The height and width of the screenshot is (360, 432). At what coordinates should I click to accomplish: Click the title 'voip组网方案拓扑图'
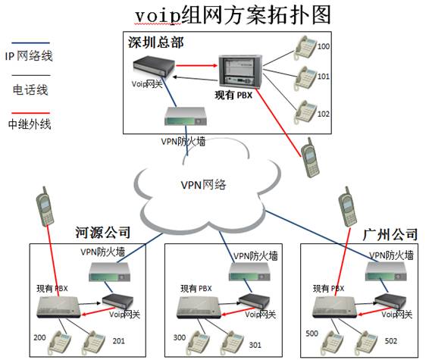[x=233, y=15]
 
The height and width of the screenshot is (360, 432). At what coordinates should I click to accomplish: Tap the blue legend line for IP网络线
[x=30, y=43]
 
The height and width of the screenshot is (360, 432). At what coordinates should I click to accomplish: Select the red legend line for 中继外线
[x=30, y=113]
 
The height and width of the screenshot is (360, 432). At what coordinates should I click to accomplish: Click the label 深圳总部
[x=155, y=42]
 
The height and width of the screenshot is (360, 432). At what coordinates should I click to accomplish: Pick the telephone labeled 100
[x=305, y=48]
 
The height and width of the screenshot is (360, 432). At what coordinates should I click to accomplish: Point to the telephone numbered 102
[x=305, y=112]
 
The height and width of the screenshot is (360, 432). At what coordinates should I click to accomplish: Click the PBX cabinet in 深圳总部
[x=240, y=70]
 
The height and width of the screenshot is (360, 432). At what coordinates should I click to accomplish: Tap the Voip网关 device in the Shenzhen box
[x=154, y=67]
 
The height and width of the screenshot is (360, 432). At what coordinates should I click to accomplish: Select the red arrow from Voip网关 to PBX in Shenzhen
[x=197, y=65]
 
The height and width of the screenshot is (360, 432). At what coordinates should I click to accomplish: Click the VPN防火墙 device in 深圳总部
[x=186, y=117]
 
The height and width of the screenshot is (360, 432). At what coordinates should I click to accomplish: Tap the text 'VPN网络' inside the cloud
[x=203, y=184]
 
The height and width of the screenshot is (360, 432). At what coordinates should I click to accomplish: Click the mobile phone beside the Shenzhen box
[x=310, y=158]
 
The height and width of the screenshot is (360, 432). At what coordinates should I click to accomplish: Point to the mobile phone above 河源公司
[x=45, y=207]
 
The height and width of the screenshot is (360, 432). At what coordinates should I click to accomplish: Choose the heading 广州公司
[x=390, y=234]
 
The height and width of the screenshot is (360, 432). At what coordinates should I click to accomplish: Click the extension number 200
[x=39, y=337]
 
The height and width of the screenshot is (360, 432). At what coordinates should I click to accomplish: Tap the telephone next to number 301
[x=233, y=343]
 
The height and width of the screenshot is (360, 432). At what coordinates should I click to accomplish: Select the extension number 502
[x=391, y=341]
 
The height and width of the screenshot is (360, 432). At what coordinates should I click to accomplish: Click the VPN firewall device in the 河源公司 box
[x=109, y=272]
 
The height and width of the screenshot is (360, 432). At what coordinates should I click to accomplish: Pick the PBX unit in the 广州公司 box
[x=334, y=307]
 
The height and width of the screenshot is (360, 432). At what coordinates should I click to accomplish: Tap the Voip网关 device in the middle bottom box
[x=254, y=302]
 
